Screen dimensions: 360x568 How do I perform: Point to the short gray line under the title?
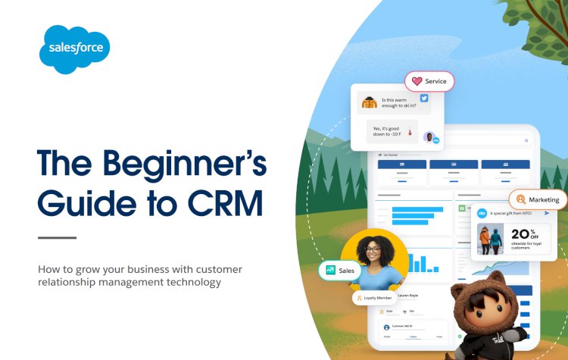[x=57, y=238]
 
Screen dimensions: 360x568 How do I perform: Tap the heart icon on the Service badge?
[x=417, y=81]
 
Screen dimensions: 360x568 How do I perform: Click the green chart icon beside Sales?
[x=330, y=270]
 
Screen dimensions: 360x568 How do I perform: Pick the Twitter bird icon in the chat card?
[x=424, y=99]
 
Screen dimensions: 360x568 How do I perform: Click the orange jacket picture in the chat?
[x=369, y=102]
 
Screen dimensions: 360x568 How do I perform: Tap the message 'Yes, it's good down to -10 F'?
[x=389, y=131]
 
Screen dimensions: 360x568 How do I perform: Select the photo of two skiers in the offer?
[x=491, y=239]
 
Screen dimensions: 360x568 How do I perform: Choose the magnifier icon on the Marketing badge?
[x=520, y=200]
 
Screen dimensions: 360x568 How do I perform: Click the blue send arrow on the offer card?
[x=547, y=213]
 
